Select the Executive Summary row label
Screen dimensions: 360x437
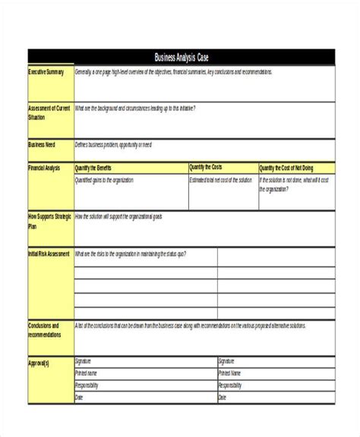tap(47, 72)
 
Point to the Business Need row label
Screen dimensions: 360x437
tap(43, 144)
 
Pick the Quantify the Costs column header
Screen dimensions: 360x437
tap(206, 167)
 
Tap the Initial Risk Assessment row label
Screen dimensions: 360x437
tap(49, 253)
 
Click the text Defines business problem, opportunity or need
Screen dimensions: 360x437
tap(113, 144)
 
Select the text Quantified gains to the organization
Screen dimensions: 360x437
tap(104, 180)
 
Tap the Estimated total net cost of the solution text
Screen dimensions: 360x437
tap(221, 180)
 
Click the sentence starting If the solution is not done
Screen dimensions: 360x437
tap(293, 184)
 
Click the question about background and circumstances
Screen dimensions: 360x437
tap(134, 108)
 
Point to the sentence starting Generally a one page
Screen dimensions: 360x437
tap(173, 72)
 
